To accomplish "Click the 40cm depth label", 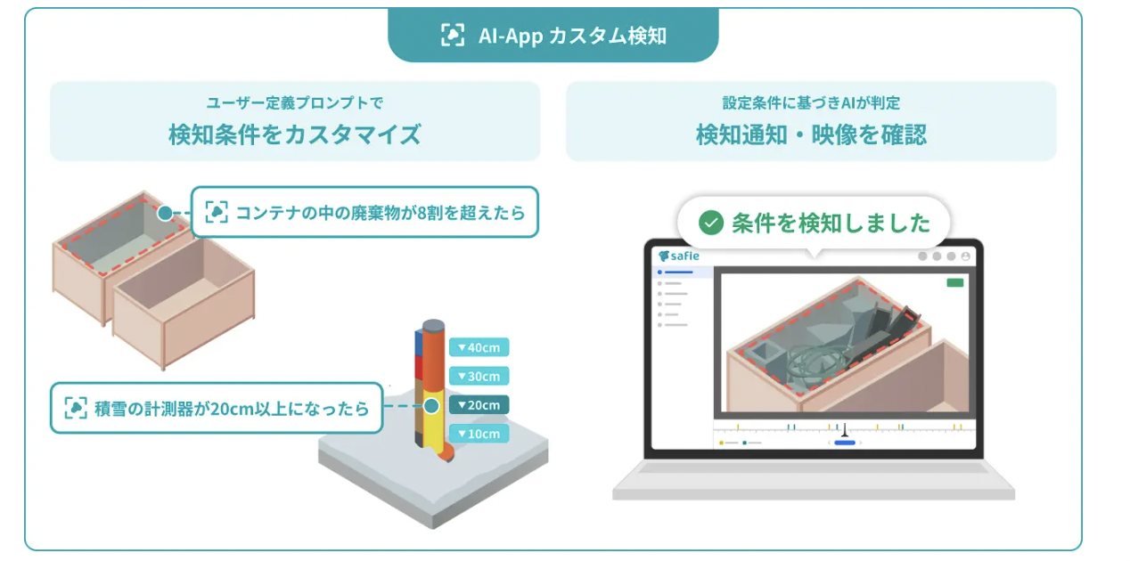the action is tap(479, 347).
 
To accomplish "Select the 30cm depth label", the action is tap(479, 376).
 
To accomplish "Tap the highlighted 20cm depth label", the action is tap(479, 405).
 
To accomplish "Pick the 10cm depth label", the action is tap(479, 434).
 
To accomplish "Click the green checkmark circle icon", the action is tap(711, 223).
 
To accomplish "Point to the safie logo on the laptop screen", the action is tap(679, 256).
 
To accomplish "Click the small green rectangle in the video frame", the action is tap(955, 283).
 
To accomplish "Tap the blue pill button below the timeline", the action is tap(845, 443).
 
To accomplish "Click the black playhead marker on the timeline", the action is tap(845, 430).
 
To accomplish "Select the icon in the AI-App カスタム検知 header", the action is tap(453, 36).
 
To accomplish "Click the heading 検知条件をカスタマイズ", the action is tap(295, 134).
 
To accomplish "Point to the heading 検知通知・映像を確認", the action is tap(811, 134).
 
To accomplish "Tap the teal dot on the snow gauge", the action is tap(431, 406).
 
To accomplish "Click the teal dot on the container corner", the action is tap(165, 213).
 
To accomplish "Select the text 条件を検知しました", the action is tap(831, 223).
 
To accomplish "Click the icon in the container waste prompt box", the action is tap(217, 212).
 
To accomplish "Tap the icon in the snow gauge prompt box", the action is tap(76, 408).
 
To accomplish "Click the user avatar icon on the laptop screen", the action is tap(965, 256).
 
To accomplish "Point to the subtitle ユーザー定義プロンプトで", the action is tap(295, 103).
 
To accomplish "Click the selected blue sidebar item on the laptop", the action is tap(676, 272).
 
